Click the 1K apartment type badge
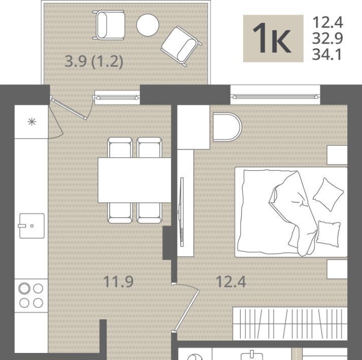tap(273, 39)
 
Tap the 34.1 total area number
tap(327, 55)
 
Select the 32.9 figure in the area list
tap(327, 39)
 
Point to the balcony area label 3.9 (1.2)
tap(94, 62)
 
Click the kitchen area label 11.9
tap(118, 281)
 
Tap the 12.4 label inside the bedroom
tap(231, 281)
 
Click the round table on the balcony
tap(148, 25)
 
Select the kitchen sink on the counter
tap(31, 226)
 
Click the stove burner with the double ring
tap(24, 289)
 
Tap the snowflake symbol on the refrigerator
tap(31, 121)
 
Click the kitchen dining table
tap(135, 180)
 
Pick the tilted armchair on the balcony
tap(181, 46)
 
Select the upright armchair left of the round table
tap(109, 25)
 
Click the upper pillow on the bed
tap(328, 194)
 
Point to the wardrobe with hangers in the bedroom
tap(290, 323)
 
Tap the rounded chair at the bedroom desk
tap(227, 127)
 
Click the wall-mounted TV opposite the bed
tap(182, 212)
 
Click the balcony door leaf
tap(69, 109)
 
